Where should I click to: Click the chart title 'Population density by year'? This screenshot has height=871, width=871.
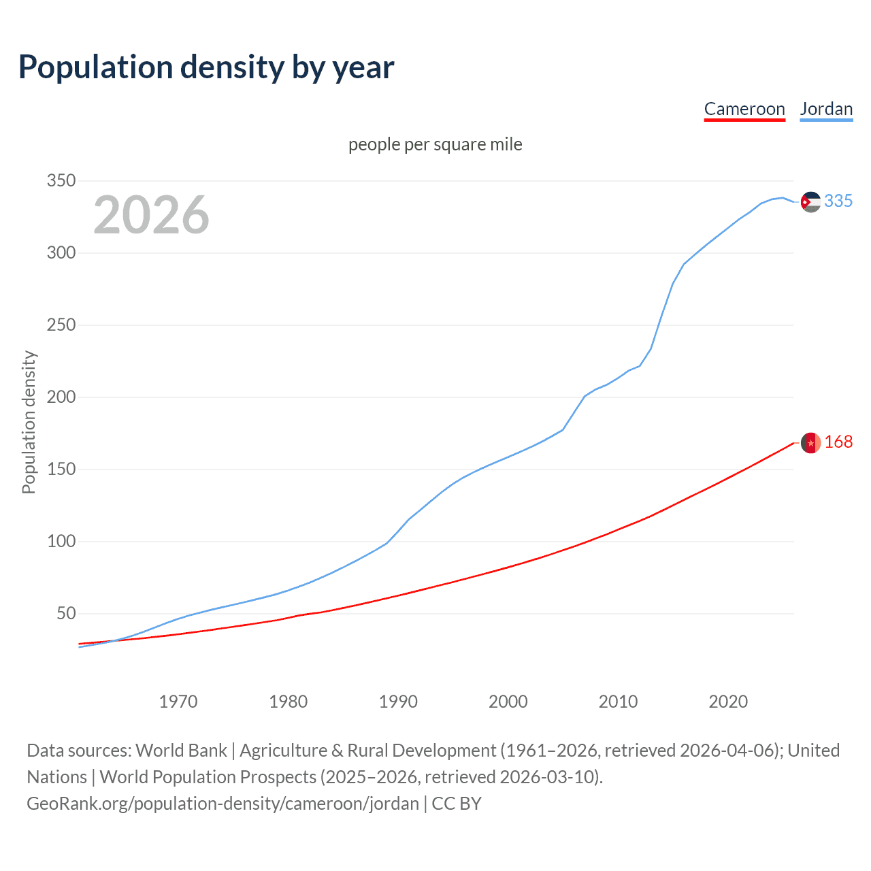point(206,67)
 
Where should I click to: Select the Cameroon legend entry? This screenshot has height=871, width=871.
point(744,109)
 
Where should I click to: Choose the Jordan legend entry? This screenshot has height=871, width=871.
point(826,109)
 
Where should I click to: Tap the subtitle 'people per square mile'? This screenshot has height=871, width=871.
point(435,144)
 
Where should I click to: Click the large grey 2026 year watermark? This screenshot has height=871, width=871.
point(151,215)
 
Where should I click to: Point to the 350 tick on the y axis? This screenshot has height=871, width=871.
point(61,181)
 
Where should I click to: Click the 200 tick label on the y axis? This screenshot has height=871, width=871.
point(61,397)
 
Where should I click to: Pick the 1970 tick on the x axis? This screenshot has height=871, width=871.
point(178,702)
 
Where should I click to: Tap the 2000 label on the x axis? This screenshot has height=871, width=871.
point(508,702)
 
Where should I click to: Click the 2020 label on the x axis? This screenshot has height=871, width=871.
point(728,702)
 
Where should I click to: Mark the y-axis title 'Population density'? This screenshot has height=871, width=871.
point(29,422)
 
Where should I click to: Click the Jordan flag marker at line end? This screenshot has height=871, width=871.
point(810,201)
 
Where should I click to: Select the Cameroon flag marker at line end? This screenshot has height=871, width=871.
point(810,443)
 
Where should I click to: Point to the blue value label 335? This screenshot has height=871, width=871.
point(838,201)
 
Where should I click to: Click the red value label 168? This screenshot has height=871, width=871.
point(838,442)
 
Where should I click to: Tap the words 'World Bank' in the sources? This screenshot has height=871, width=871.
point(181,751)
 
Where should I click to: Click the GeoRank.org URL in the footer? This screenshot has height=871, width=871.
point(223,804)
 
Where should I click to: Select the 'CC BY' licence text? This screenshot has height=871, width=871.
point(457,804)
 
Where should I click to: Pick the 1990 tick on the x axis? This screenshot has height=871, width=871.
point(398,702)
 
